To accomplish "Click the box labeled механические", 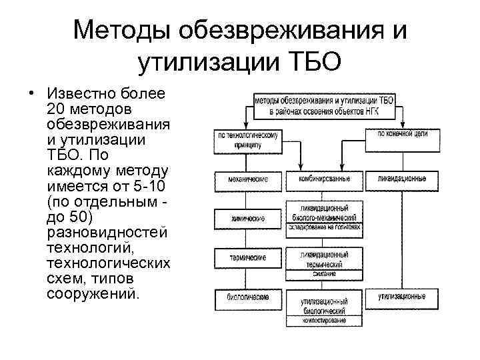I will coord(248,180).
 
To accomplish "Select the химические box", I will coord(248,218).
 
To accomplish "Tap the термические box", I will coord(248,257).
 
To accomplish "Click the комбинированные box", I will coord(325,180).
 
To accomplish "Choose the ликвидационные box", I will coord(402,180).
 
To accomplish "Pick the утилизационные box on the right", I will coord(402,295).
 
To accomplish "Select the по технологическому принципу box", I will coord(248,138).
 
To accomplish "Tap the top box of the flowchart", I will coord(324,104).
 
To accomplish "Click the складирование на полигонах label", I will coord(325,227).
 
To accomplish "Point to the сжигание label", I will coord(325,274).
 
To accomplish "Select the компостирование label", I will coord(325,321).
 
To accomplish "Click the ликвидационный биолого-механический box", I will coord(325,212).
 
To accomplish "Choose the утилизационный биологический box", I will coord(325,306).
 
